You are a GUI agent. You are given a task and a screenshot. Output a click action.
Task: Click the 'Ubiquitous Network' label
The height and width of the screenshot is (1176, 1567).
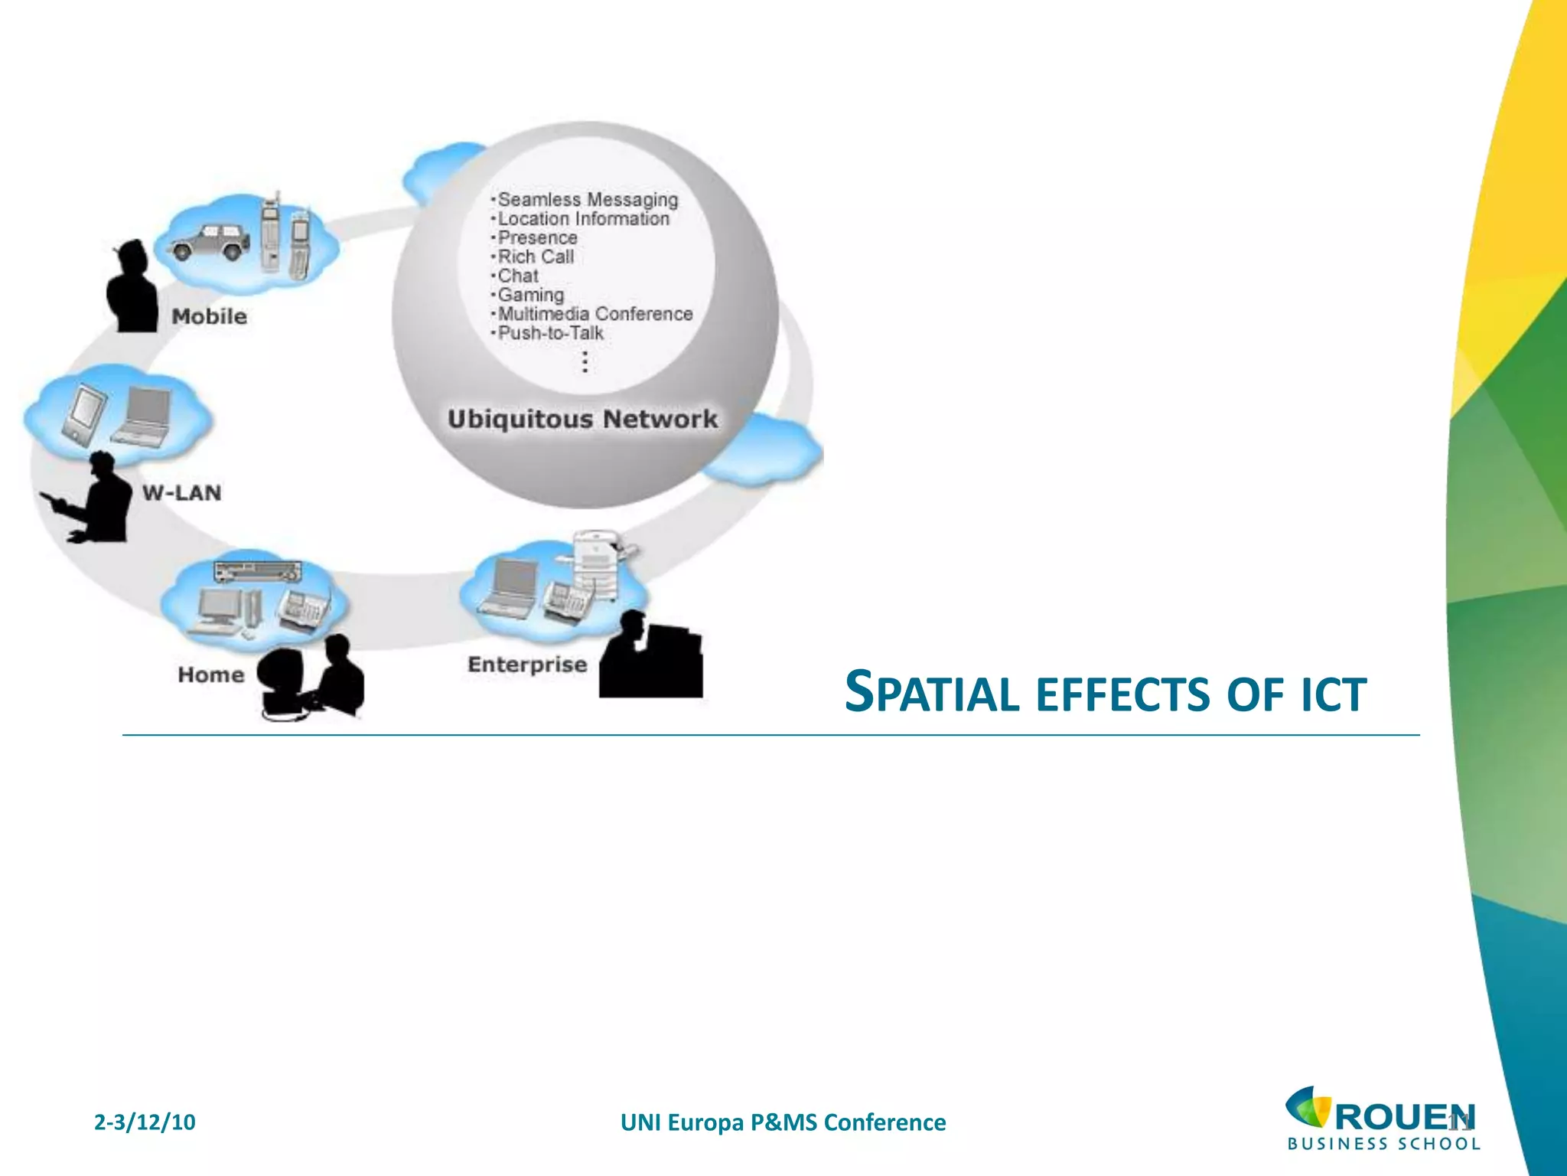click(x=582, y=419)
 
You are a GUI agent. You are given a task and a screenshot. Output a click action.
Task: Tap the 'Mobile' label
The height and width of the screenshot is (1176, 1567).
click(x=209, y=316)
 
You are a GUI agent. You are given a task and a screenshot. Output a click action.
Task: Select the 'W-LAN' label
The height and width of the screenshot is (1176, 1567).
click(x=181, y=492)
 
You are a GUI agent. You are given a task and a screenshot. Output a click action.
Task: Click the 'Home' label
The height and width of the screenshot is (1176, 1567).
click(x=210, y=675)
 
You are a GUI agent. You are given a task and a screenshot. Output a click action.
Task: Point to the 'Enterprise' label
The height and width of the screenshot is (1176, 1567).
click(x=527, y=664)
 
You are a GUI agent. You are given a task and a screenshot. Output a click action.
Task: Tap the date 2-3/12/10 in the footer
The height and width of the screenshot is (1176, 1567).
click(x=145, y=1122)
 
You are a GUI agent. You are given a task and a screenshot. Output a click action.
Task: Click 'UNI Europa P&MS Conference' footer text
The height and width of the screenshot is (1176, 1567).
click(x=783, y=1122)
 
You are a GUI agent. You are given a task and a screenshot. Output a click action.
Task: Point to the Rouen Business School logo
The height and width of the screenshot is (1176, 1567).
click(x=1382, y=1119)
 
